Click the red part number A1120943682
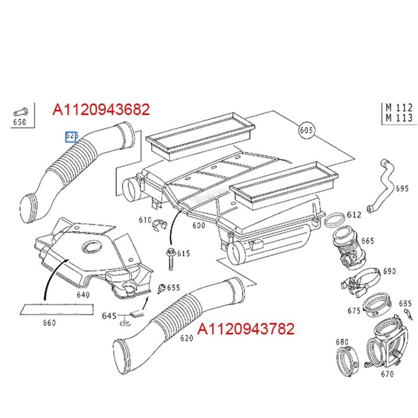point(101,109)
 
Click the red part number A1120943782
point(245,329)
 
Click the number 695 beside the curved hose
point(401,188)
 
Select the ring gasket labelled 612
point(334,219)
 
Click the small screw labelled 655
point(162,287)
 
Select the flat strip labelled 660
point(56,308)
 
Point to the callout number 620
point(187,338)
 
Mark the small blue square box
point(71,137)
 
